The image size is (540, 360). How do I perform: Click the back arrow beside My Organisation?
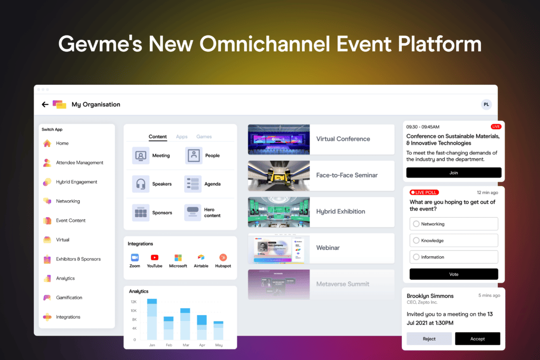pos(45,104)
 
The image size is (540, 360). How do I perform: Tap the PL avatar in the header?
pos(486,104)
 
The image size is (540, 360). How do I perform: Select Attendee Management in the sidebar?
pos(79,163)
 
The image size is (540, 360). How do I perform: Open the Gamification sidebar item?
pos(69,298)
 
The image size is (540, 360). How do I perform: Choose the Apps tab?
pos(182,137)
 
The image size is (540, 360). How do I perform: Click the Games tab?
pos(204,137)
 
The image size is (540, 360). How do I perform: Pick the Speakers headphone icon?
pos(141,184)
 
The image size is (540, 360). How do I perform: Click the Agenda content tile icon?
pos(193,184)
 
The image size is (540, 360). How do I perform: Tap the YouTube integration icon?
pos(155,257)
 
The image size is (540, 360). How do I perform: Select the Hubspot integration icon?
pos(223,257)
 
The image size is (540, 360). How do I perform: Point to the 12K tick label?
pos(133,302)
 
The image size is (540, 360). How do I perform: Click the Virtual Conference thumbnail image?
pos(278,139)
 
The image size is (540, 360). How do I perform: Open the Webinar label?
pos(328,248)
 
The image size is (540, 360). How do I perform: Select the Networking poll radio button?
pos(417,224)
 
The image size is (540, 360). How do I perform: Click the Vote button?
pos(454,274)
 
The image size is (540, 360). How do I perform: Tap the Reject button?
pos(429,339)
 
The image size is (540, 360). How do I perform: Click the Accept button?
pos(477,339)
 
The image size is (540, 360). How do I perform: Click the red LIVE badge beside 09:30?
pos(496,127)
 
